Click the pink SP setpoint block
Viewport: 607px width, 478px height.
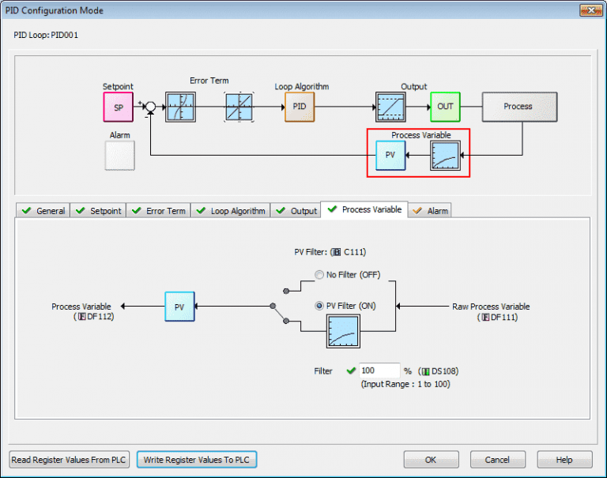click(118, 107)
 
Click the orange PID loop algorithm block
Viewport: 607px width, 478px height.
click(300, 107)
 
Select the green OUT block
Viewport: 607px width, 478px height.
click(445, 107)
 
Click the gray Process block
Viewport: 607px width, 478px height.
click(518, 107)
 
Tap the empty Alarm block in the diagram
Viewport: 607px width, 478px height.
click(119, 156)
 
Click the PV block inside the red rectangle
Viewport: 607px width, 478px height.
click(390, 156)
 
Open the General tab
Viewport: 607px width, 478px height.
click(43, 211)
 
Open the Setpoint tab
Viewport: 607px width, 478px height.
click(98, 211)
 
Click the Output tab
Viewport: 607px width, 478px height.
click(296, 211)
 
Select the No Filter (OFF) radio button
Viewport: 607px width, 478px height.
click(319, 275)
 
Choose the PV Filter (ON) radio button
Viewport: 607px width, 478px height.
click(319, 306)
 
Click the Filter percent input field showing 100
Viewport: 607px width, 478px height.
click(379, 371)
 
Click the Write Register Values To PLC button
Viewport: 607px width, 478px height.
click(197, 459)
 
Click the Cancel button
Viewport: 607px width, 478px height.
click(497, 459)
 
